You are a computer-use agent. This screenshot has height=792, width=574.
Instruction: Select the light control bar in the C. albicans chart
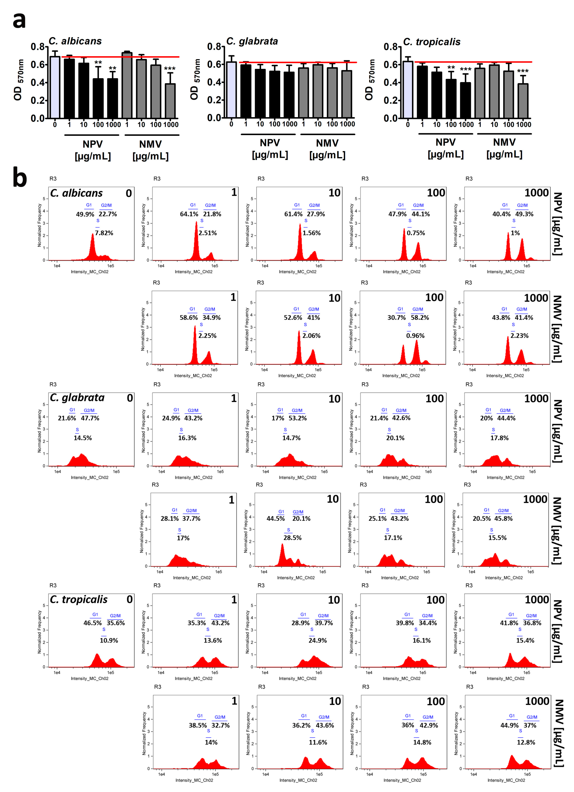coord(55,87)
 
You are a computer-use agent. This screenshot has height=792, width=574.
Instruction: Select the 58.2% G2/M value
coord(420,317)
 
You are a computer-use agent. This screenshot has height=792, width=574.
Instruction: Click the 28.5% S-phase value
coord(292,538)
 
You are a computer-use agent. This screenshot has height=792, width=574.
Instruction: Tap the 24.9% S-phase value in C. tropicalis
coord(317,640)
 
